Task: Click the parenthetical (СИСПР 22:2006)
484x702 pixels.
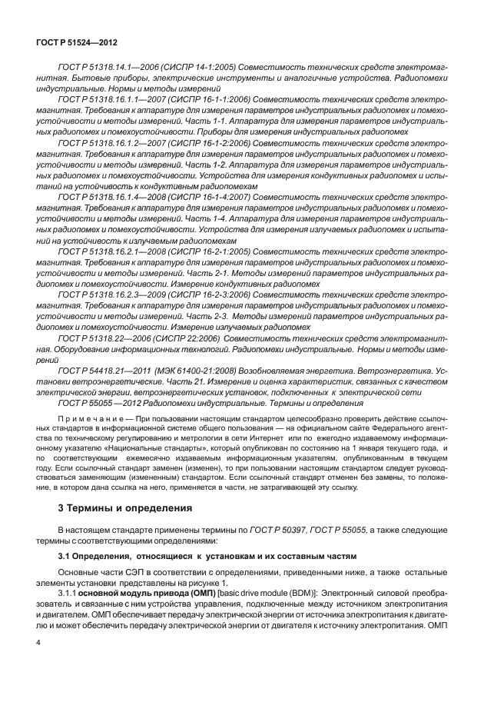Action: coord(199,337)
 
